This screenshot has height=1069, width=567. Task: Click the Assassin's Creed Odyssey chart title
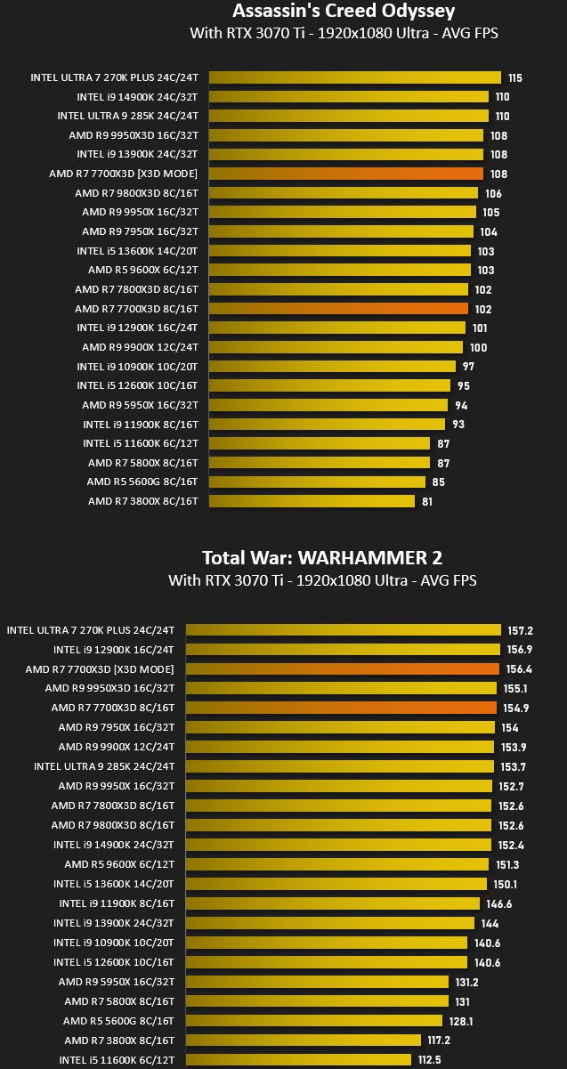(x=344, y=11)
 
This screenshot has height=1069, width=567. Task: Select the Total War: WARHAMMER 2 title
(x=322, y=557)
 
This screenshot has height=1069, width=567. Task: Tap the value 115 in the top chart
(x=515, y=77)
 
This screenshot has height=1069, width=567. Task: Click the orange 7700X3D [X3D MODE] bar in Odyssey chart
(x=346, y=174)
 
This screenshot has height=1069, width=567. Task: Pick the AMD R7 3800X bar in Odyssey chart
(x=312, y=501)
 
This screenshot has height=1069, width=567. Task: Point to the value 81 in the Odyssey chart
(x=427, y=502)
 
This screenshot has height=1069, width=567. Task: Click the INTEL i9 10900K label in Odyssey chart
(x=137, y=367)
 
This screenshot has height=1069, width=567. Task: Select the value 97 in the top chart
(x=468, y=367)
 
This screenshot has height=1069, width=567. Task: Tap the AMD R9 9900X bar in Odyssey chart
(x=336, y=347)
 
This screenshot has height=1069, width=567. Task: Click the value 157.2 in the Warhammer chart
(x=520, y=630)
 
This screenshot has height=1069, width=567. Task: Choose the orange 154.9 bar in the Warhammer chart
(x=341, y=708)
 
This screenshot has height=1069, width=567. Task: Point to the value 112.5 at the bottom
(x=430, y=1059)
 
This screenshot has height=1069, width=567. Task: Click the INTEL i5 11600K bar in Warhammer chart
(x=299, y=1059)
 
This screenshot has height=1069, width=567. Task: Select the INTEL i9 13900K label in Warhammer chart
(x=114, y=923)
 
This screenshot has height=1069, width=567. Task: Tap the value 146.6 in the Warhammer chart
(x=498, y=903)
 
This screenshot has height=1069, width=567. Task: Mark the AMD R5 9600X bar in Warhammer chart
(x=337, y=864)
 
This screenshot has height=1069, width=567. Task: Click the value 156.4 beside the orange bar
(x=519, y=669)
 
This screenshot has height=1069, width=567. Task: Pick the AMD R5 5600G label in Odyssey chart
(x=142, y=482)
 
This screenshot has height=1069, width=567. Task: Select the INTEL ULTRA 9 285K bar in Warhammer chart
(x=340, y=766)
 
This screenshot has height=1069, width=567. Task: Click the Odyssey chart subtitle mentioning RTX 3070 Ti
(x=344, y=33)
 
